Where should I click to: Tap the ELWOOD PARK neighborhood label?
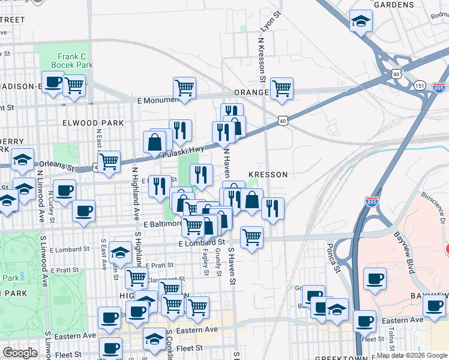pos(92,123)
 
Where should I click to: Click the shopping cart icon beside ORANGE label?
pos(281,88)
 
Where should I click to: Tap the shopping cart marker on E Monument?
pos(184,88)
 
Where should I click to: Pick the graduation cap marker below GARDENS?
pos(361,22)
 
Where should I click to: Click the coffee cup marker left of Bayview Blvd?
pos(375,279)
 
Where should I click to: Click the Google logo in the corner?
pos(20,353)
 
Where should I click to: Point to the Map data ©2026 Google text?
pos(412,355)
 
